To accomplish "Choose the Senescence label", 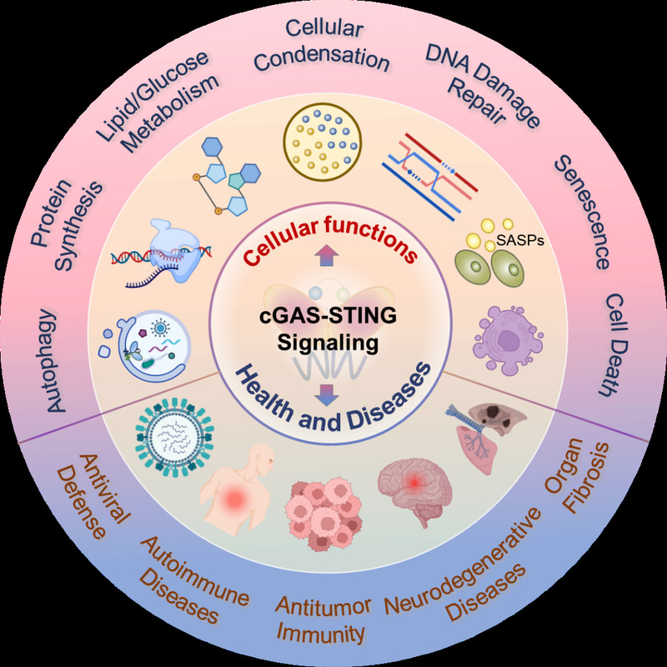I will tap(582, 212).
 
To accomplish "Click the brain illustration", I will tap(412, 484).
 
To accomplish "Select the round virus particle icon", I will tap(177, 438).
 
